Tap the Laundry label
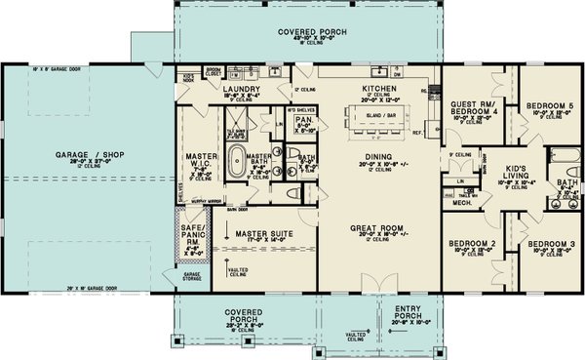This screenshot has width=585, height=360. click(x=240, y=89)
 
